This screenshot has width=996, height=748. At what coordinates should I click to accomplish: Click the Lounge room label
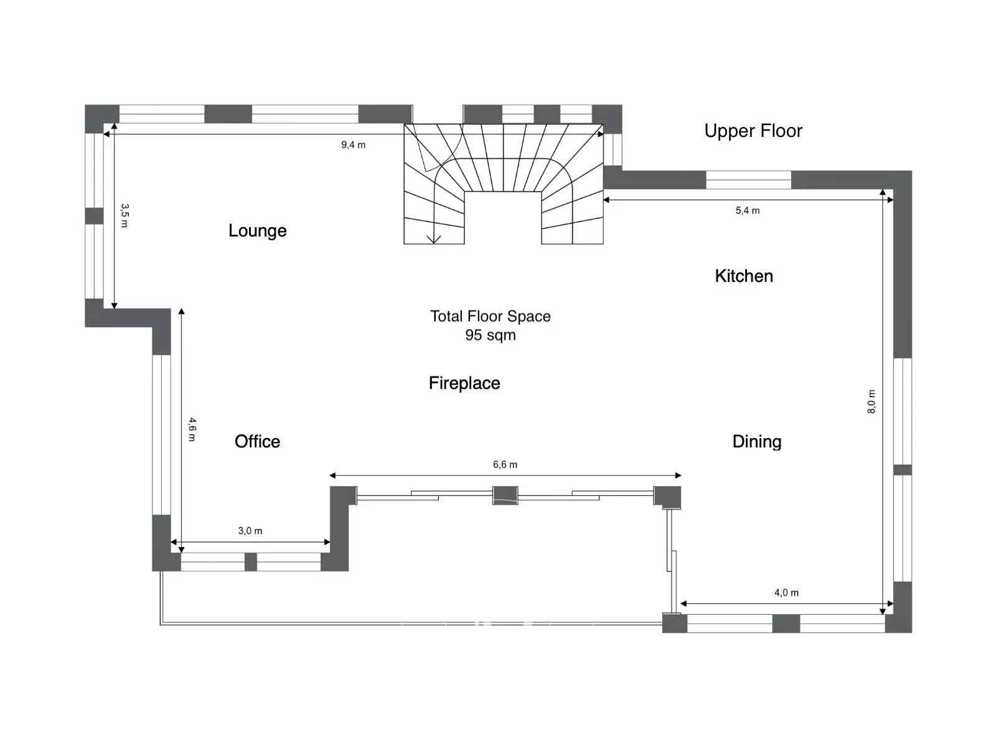257,230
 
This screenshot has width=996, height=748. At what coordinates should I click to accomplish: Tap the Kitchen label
744,276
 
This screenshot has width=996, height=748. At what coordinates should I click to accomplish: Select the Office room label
257,441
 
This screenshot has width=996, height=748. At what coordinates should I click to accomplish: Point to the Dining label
757,442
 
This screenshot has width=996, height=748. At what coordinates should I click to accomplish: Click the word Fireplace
464,383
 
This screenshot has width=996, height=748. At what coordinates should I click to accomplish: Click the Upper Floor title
753,131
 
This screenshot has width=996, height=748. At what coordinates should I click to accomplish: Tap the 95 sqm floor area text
490,335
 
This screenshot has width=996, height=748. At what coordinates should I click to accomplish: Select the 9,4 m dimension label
353,145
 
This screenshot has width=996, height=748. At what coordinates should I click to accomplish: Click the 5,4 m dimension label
748,210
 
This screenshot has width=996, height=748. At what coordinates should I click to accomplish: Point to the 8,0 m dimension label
872,401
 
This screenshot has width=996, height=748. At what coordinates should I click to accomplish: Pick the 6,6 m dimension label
505,464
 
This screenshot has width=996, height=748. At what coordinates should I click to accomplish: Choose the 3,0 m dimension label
250,531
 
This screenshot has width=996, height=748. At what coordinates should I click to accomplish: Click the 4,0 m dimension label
786,592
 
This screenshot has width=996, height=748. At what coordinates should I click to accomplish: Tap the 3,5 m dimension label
125,215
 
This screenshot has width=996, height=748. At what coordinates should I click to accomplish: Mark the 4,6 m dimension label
192,429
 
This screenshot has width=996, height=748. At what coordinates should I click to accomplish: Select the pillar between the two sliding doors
505,495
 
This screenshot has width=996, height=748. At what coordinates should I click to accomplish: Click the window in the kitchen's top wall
749,180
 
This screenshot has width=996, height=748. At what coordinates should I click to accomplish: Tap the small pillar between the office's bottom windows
250,562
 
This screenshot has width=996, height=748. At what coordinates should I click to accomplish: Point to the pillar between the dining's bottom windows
786,624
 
